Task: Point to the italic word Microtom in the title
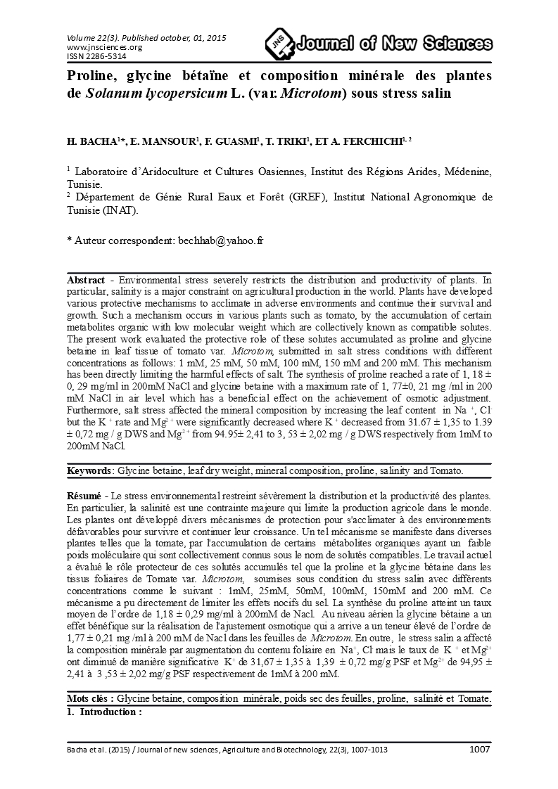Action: coord(310,93)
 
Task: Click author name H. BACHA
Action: coord(90,142)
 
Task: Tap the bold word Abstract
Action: coord(86,279)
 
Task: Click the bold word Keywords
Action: coord(89,470)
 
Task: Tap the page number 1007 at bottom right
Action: coord(479,749)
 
